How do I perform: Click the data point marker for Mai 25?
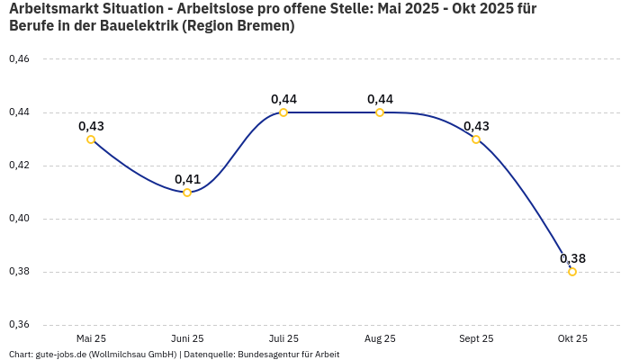click(x=91, y=139)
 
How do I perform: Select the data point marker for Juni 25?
click(x=187, y=193)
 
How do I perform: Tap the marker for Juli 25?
click(x=283, y=112)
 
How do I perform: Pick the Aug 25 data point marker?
click(x=380, y=112)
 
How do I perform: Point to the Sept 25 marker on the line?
click(x=476, y=139)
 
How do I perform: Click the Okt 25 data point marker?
click(x=572, y=272)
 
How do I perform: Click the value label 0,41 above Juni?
click(x=187, y=179)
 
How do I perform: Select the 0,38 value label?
click(x=572, y=258)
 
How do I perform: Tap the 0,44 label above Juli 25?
click(x=283, y=99)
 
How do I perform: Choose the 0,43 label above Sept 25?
click(x=476, y=126)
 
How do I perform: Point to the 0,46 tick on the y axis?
click(x=19, y=59)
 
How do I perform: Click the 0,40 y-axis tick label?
click(x=19, y=219)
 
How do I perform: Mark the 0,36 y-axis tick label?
click(x=19, y=325)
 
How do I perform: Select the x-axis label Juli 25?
click(x=283, y=338)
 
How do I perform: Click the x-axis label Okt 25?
click(x=572, y=338)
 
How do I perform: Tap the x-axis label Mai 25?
click(x=91, y=338)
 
